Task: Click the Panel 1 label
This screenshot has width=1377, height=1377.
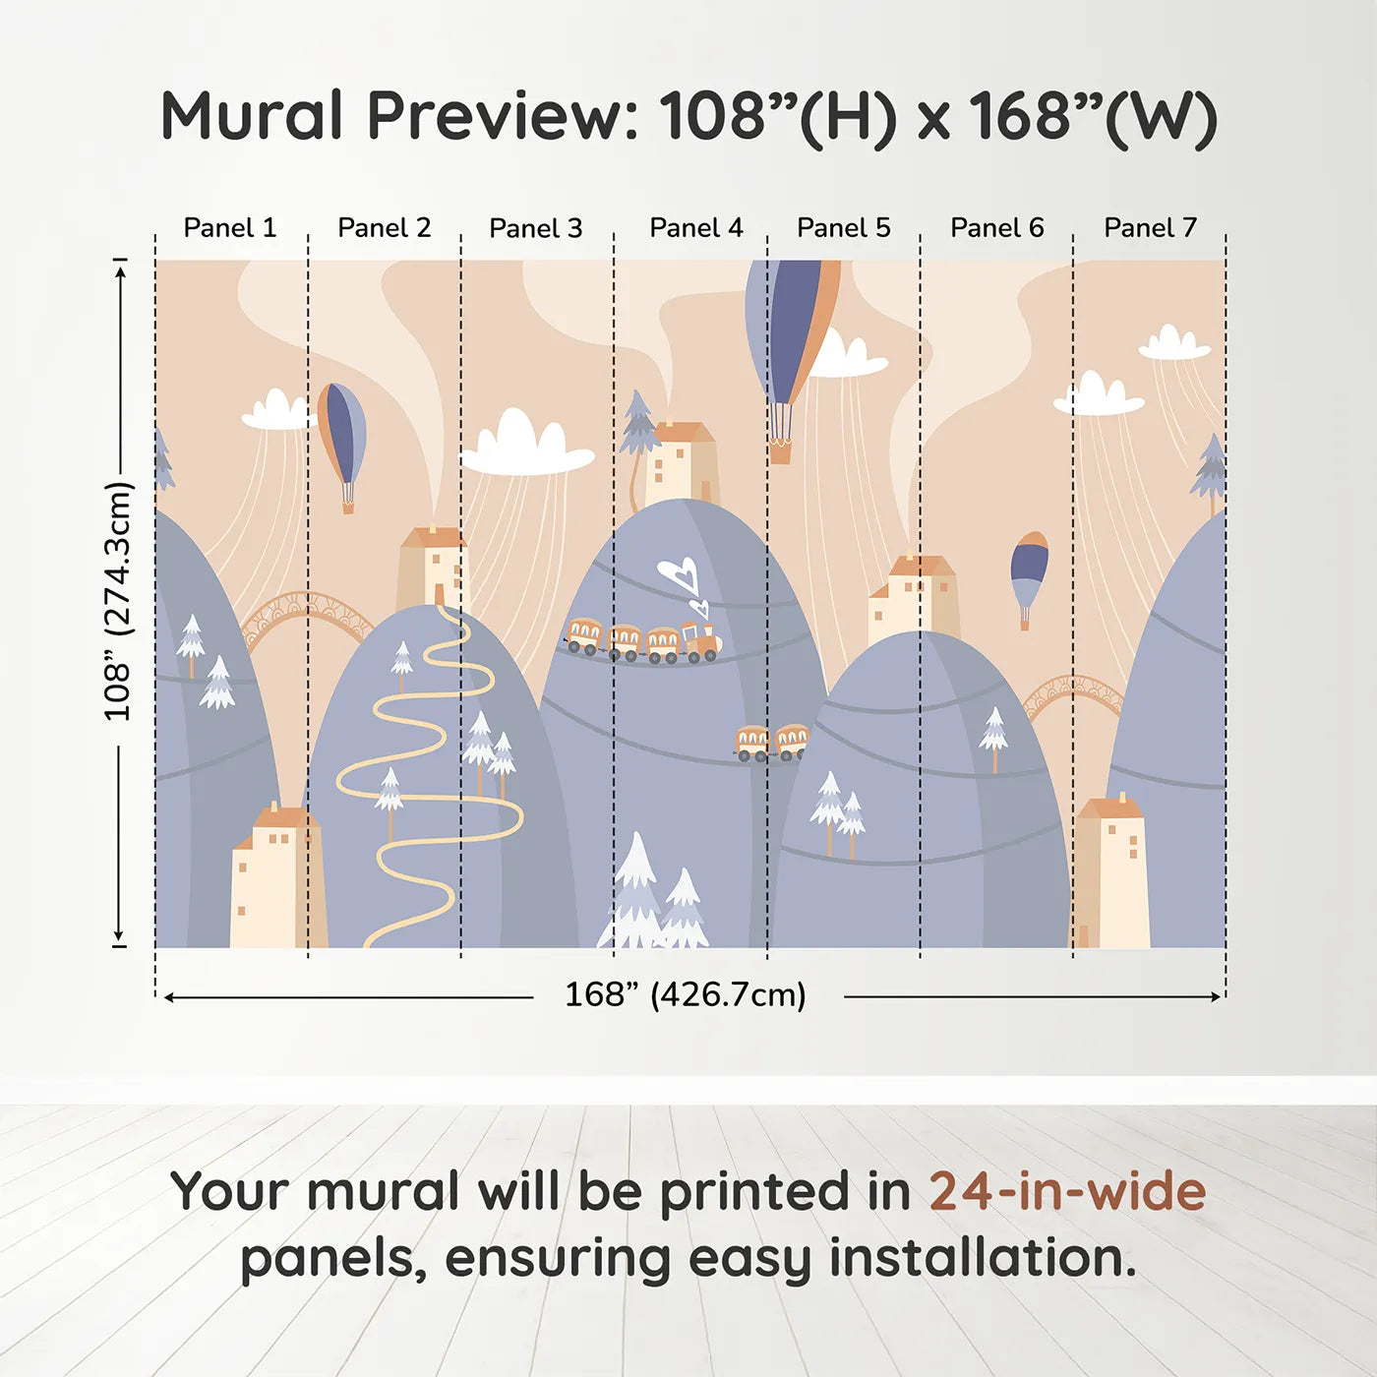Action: [x=229, y=228]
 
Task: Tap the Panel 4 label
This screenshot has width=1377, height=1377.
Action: [x=696, y=228]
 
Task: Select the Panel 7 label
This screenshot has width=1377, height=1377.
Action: [x=1150, y=228]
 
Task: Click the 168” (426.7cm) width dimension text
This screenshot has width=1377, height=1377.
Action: [x=686, y=994]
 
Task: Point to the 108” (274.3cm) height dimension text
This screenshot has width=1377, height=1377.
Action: [x=119, y=601]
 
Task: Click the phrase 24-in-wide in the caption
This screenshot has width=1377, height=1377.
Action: [x=1067, y=1191]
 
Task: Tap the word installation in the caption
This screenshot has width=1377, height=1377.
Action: [x=984, y=1258]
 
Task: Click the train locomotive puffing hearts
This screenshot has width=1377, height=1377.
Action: [x=700, y=640]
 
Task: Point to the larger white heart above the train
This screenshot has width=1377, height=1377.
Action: [x=678, y=573]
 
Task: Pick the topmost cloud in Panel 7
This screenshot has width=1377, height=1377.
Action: [x=1174, y=342]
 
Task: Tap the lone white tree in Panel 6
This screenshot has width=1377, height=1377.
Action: [x=993, y=738]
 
